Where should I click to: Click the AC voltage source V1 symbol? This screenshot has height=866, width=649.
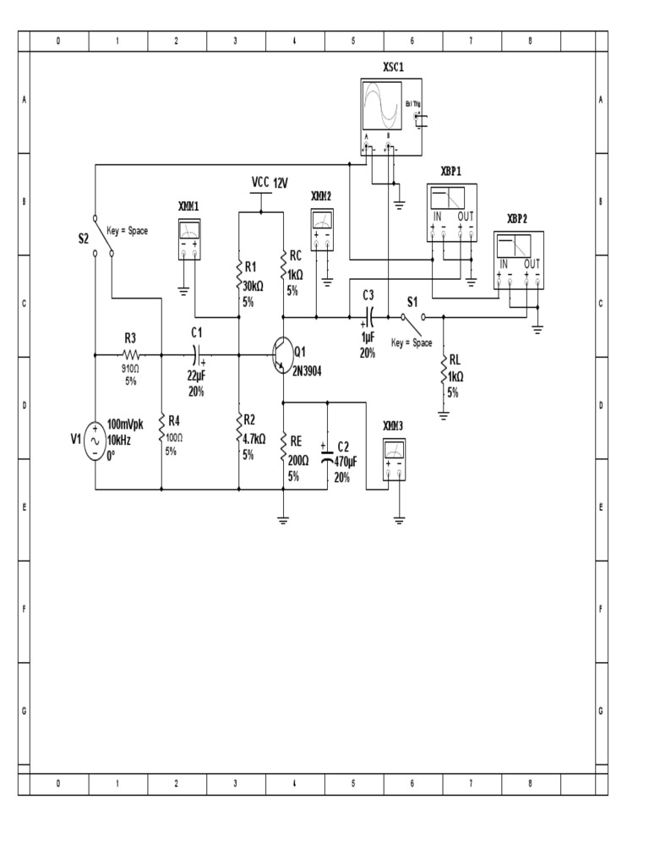tap(94, 442)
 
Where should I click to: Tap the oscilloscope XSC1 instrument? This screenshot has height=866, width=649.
tap(391, 118)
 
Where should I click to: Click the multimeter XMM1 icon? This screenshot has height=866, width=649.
tap(189, 238)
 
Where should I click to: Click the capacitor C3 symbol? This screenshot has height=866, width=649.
tap(368, 317)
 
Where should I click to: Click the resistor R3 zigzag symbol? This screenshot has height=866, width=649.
tap(131, 355)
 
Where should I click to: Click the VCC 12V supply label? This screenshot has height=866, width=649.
tap(270, 182)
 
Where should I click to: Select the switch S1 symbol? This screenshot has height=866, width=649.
tap(412, 317)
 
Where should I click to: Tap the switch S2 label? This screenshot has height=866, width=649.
tap(84, 238)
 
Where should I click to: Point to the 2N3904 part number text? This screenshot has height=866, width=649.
tap(314, 370)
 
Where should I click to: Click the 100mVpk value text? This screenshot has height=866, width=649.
tap(125, 425)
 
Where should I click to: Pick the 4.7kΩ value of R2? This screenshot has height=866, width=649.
tap(254, 438)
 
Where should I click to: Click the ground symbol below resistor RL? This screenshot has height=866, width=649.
tap(443, 414)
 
